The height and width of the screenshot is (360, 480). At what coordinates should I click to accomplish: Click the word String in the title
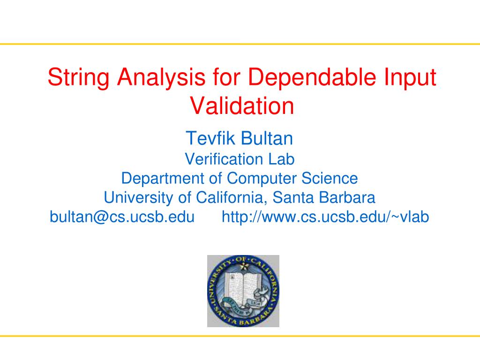tap(77, 78)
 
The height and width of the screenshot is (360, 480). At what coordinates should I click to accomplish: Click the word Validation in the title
tap(242, 106)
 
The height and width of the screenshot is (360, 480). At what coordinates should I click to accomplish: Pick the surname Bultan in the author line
tap(267, 139)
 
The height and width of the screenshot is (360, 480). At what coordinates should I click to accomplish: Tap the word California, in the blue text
tap(229, 198)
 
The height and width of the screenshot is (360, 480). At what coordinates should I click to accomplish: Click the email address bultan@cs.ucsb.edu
tap(122, 217)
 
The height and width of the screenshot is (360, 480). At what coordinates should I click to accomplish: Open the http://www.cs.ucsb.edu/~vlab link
tap(325, 217)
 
